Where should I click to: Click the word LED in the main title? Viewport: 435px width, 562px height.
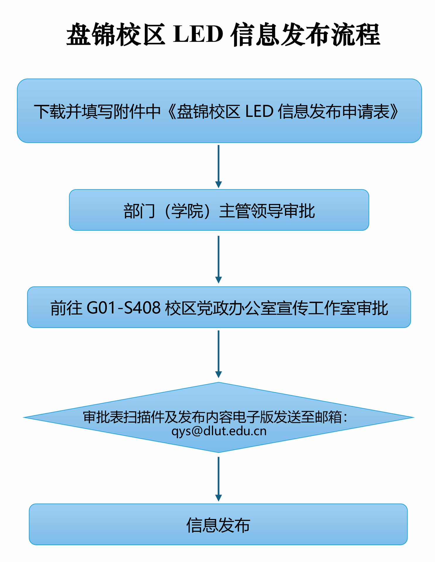(198, 35)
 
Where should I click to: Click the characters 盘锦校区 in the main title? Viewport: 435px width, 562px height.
(115, 35)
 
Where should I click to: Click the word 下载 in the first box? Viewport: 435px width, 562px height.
(50, 111)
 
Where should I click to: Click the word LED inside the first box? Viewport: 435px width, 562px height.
(259, 111)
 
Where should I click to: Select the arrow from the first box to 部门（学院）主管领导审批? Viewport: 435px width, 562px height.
(218, 166)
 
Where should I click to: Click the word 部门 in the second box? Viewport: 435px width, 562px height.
(140, 210)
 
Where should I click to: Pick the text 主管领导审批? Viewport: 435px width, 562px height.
(267, 210)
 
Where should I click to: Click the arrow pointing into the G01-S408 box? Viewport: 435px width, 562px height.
(218, 259)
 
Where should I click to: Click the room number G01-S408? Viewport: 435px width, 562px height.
(124, 308)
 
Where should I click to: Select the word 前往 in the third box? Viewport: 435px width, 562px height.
(66, 308)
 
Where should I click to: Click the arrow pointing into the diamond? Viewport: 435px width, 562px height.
(218, 354)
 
